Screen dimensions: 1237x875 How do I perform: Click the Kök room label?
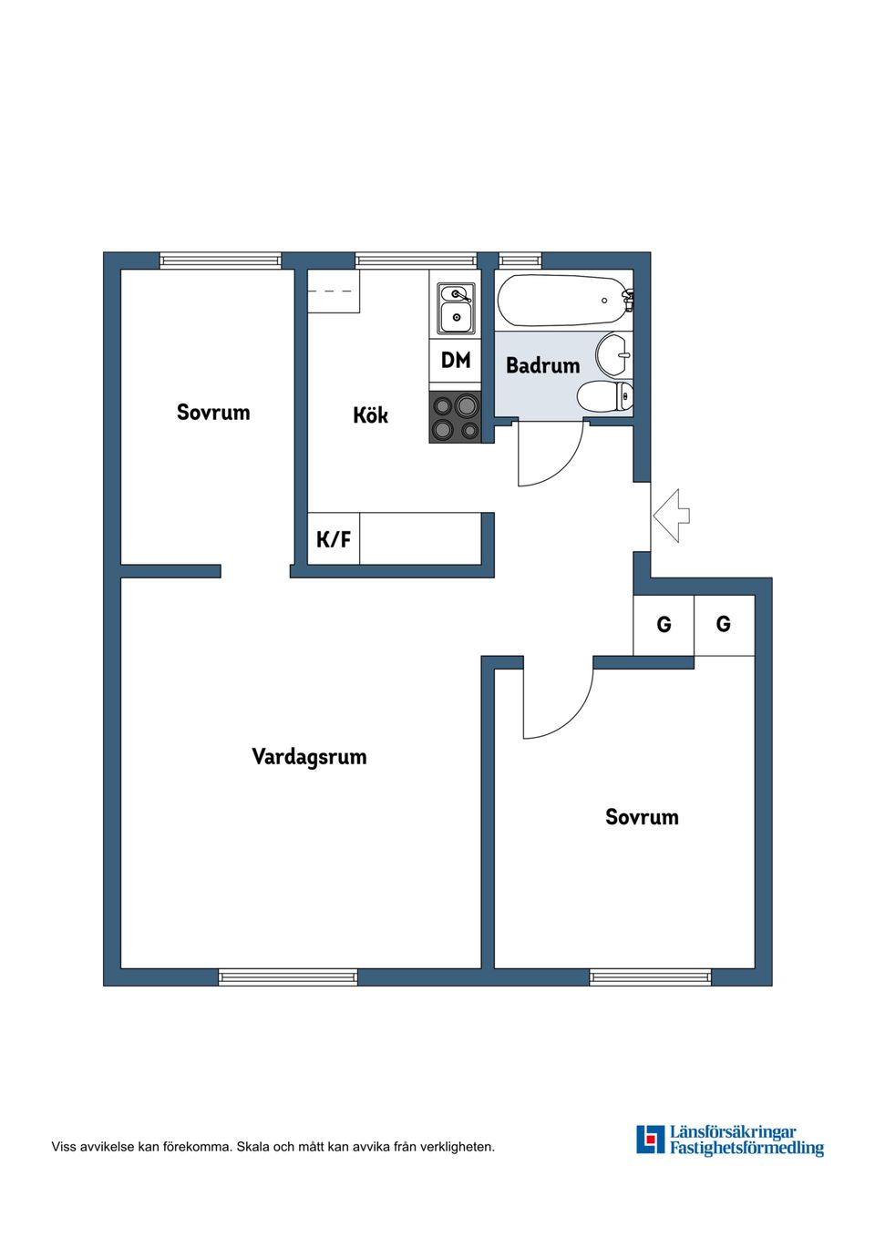point(370,415)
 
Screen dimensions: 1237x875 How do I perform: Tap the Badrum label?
point(542,365)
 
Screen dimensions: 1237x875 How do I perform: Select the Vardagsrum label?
point(309,757)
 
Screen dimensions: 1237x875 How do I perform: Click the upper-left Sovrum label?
point(212,413)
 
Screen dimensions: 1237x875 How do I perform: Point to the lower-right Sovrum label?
point(642,817)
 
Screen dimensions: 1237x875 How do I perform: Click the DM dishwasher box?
point(456,361)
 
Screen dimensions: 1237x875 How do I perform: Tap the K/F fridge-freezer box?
point(334,539)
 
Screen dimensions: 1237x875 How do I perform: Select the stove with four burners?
point(456,417)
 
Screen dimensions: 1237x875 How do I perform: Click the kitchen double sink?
point(456,307)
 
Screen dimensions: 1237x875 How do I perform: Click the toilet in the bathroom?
point(604,397)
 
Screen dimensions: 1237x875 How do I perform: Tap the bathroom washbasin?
point(613,354)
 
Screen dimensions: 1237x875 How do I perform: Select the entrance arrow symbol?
point(672,516)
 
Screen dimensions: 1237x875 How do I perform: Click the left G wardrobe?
point(664,625)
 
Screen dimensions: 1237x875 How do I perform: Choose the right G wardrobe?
point(724,625)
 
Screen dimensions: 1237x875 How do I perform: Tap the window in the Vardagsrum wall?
point(288,977)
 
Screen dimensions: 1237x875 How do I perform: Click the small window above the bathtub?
point(520,261)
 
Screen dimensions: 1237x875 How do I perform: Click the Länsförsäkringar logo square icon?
point(650,1140)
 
